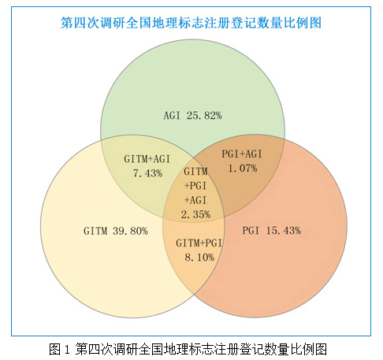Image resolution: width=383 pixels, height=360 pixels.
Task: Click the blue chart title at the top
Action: [191, 23]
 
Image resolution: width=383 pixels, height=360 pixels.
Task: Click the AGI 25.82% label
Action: [192, 116]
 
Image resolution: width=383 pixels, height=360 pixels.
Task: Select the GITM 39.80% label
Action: [116, 231]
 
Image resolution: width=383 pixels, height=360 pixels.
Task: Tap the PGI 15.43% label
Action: [272, 231]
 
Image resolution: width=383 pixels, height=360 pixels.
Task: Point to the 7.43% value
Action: [147, 173]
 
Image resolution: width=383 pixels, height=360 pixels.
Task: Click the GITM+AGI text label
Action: [147, 159]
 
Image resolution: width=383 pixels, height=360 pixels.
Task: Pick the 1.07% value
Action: [243, 169]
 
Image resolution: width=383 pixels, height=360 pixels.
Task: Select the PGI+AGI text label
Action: [242, 154]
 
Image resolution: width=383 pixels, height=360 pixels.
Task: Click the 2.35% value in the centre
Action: [195, 214]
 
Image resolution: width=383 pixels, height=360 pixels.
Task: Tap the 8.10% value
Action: [199, 258]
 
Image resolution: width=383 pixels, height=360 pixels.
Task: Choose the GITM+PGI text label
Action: [199, 243]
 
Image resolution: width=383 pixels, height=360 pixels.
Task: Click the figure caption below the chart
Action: [188, 350]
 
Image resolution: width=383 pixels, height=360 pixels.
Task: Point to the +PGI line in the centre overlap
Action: [195, 186]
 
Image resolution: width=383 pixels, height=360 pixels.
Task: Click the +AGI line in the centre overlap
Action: [195, 200]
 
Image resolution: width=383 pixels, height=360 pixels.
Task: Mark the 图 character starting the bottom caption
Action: [55, 350]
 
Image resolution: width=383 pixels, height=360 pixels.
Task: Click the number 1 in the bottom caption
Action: [67, 350]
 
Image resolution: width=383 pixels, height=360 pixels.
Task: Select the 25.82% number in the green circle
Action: [204, 116]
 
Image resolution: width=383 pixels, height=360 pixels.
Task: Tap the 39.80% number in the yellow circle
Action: [130, 231]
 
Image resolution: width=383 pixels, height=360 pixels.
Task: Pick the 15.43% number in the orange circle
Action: [284, 231]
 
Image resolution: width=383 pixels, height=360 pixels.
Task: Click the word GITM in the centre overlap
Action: [195, 172]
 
